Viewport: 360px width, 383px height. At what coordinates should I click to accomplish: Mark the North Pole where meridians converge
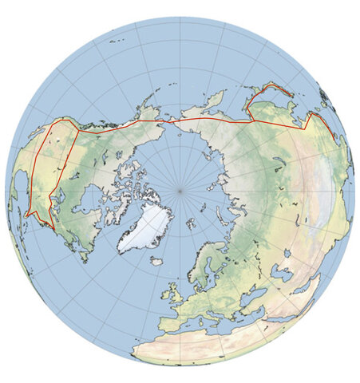pos(180,191)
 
